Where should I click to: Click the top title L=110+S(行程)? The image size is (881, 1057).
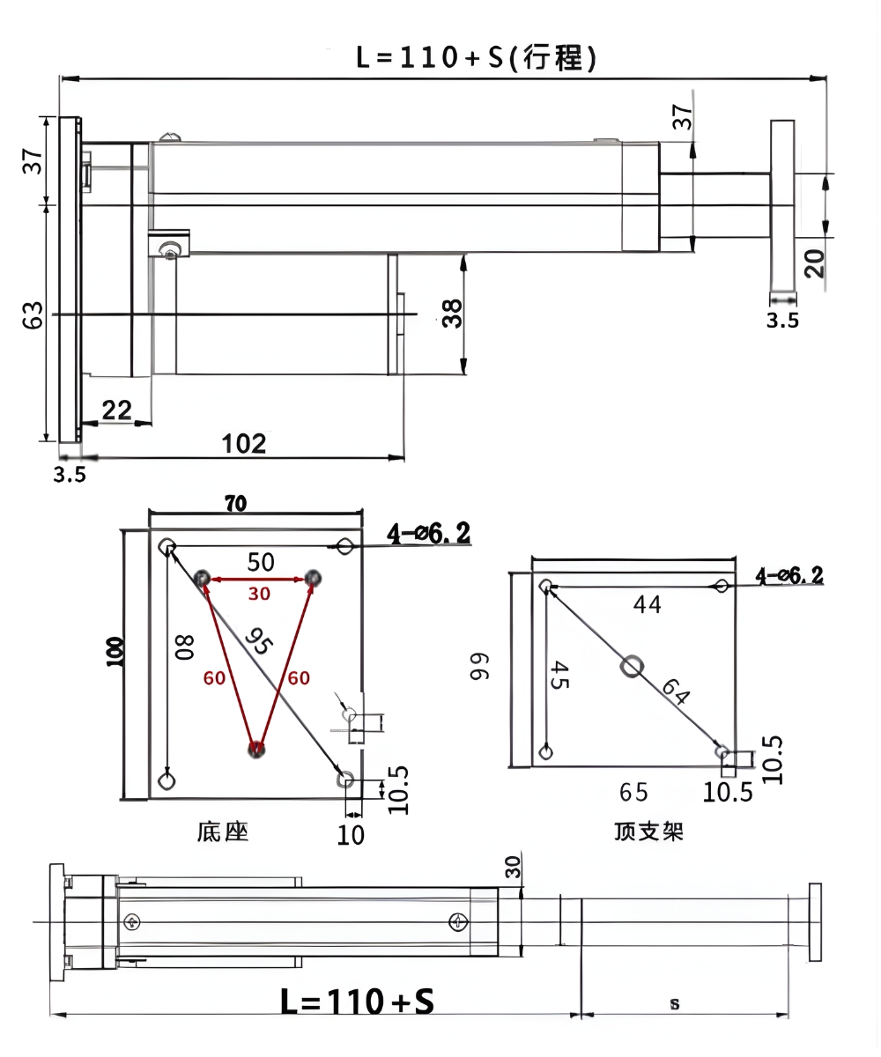click(477, 57)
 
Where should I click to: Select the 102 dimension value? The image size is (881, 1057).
click(244, 443)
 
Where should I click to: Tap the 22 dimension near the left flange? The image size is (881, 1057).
click(116, 410)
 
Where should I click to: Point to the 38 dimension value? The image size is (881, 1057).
click(452, 313)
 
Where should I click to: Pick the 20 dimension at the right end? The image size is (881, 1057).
click(815, 262)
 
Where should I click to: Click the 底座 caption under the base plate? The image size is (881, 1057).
click(222, 831)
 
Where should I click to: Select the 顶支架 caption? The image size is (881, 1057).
click(649, 831)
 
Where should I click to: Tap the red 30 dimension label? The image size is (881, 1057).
click(258, 595)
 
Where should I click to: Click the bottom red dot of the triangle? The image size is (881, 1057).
click(255, 750)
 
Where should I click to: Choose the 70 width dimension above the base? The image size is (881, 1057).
click(235, 504)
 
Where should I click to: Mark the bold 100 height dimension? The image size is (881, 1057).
click(115, 650)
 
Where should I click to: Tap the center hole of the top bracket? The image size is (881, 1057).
click(631, 667)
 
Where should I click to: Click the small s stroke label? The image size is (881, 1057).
click(675, 1003)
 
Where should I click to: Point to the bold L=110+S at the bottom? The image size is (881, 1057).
click(357, 1002)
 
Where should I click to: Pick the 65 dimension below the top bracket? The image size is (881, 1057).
click(633, 792)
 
